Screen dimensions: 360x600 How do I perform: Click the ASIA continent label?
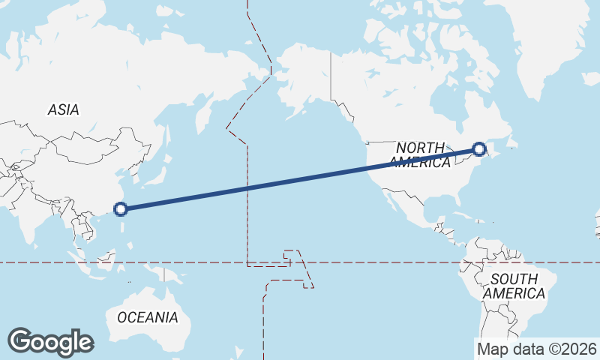63,109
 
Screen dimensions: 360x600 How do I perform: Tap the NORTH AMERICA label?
420,154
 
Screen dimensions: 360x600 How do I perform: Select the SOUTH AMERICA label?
514,286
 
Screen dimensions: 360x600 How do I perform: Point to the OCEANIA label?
148,317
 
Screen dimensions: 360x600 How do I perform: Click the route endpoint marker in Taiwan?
121,209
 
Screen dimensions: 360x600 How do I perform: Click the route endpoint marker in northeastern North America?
480,150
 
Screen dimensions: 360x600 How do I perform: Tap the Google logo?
50,342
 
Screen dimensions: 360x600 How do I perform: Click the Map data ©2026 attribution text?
536,349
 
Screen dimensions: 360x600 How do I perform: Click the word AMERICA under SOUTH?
514,293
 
